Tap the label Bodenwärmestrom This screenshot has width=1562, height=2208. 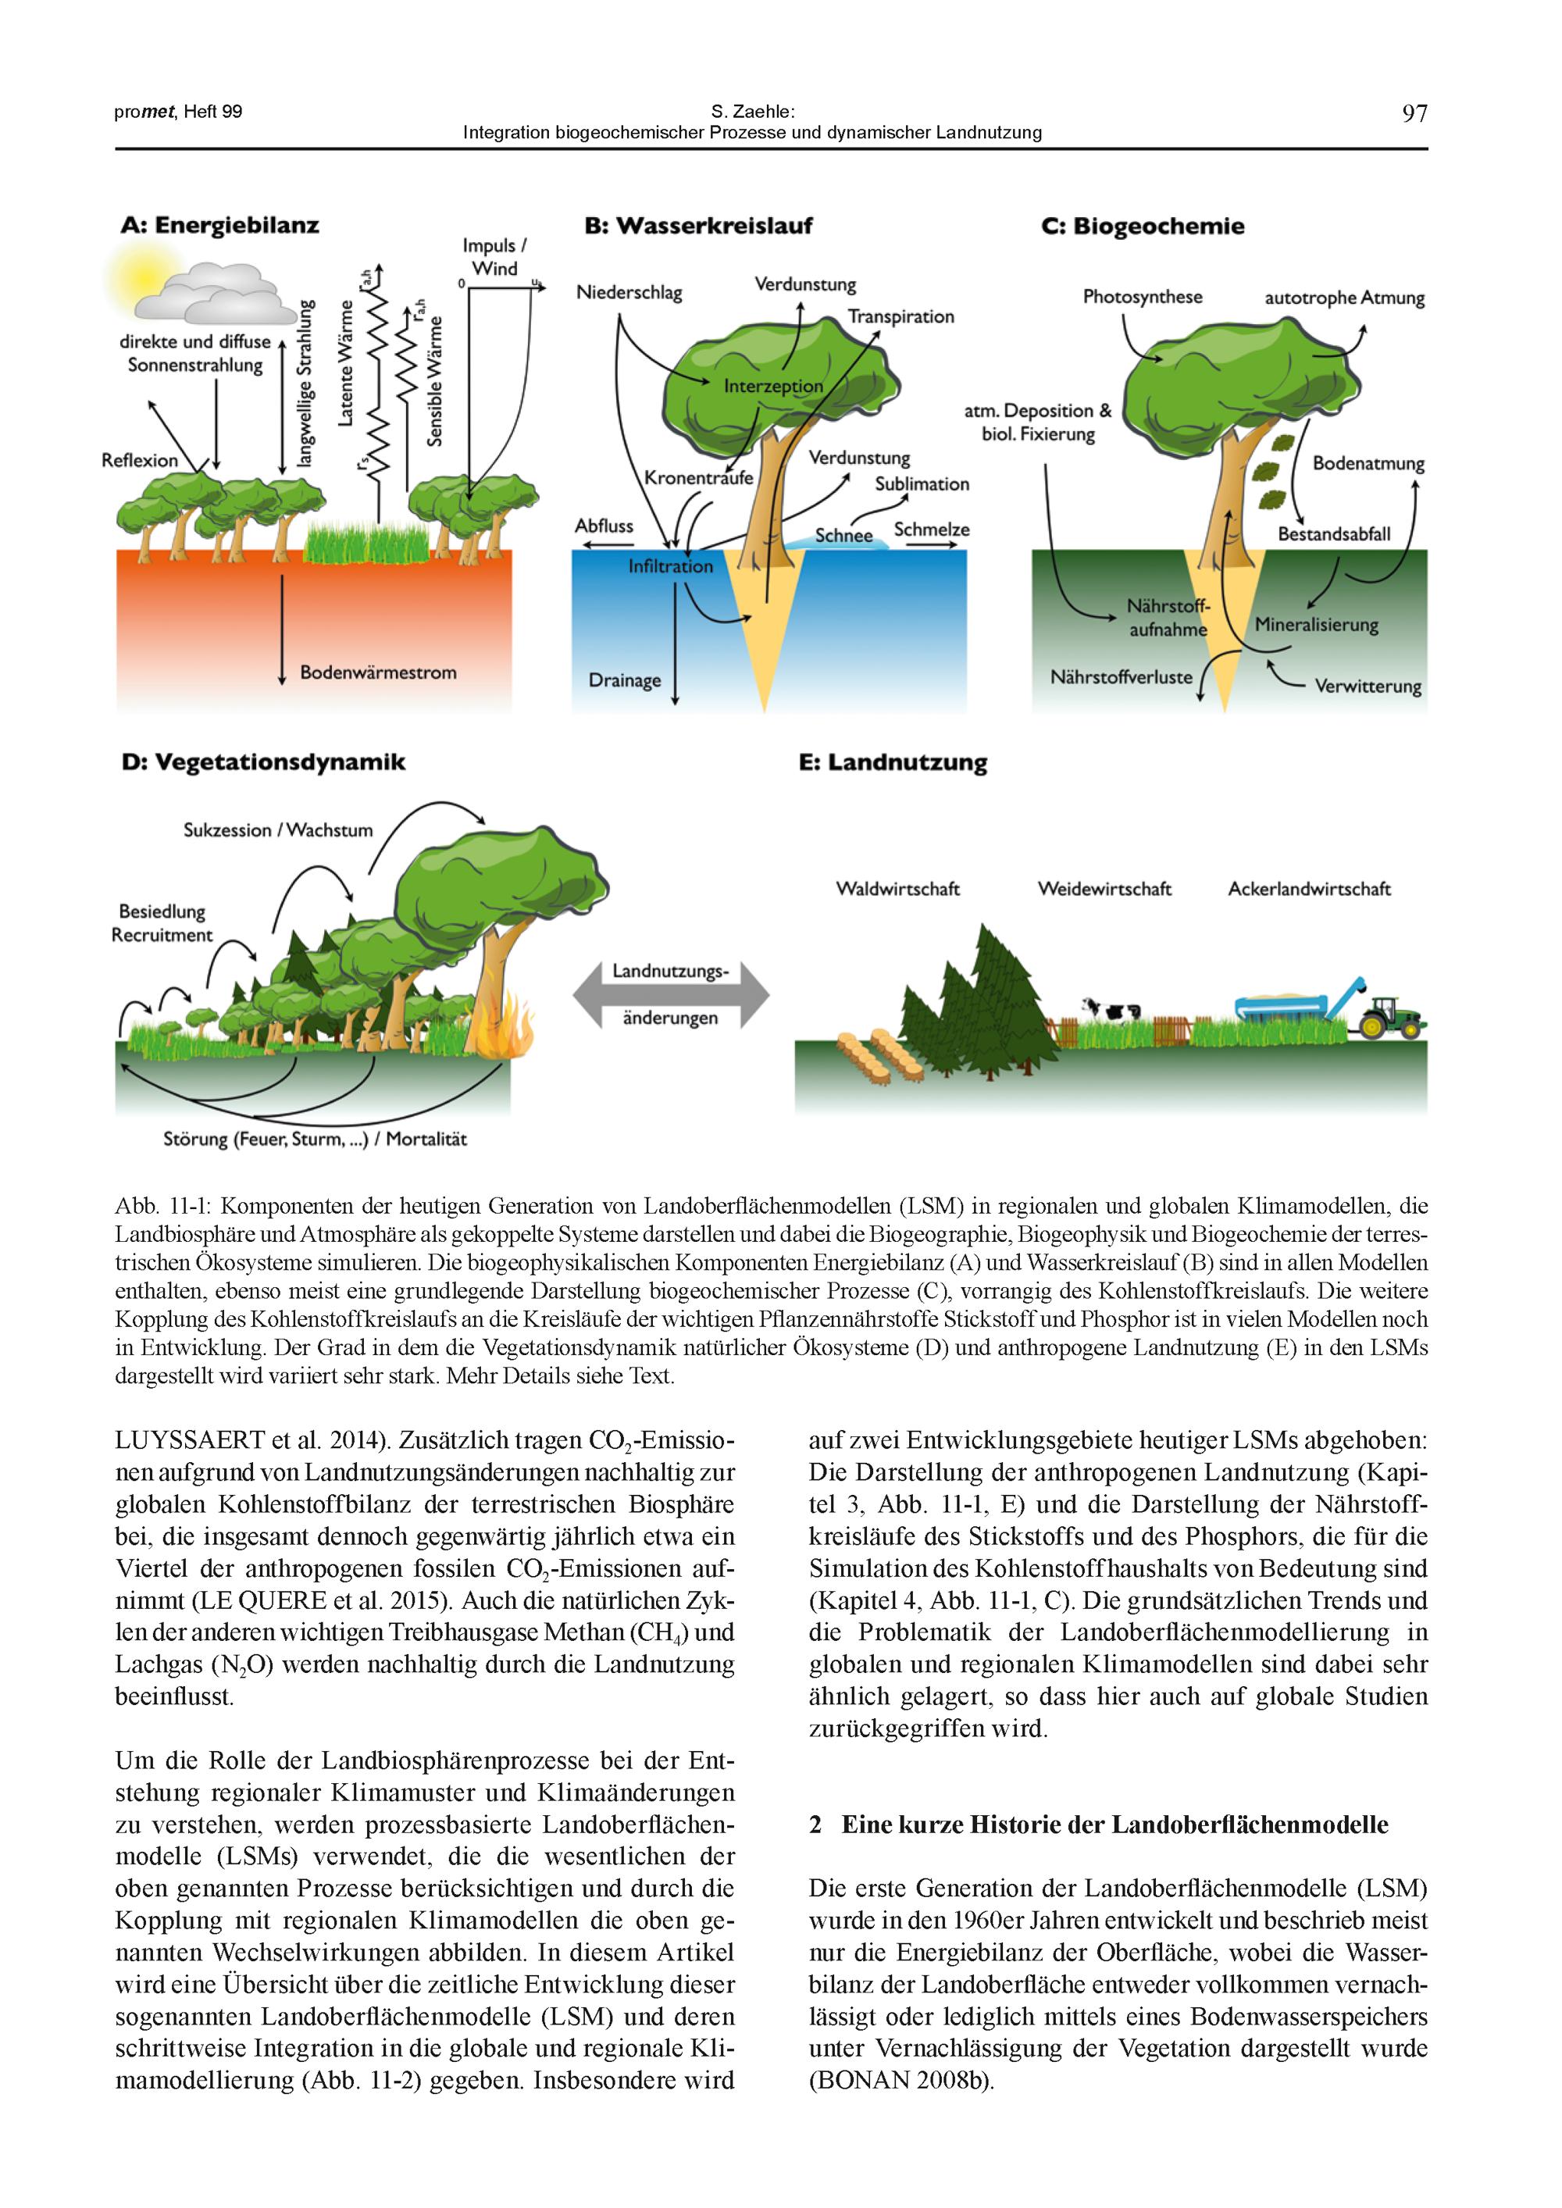tap(378, 672)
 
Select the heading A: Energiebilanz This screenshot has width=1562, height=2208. tap(220, 226)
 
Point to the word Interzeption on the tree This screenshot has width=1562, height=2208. tap(773, 387)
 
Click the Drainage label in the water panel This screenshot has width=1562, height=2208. tap(625, 681)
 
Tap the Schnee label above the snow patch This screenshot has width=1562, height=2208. tap(843, 536)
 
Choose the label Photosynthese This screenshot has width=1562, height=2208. tap(1143, 297)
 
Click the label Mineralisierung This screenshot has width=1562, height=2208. tap(1316, 625)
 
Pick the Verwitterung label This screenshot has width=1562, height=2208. tap(1368, 687)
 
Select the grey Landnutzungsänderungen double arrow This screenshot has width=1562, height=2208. tap(670, 994)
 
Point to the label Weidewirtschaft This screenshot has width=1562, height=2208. tap(1104, 890)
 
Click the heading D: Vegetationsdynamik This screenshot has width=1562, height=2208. tap(263, 762)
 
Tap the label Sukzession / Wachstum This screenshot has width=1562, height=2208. tap(278, 830)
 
